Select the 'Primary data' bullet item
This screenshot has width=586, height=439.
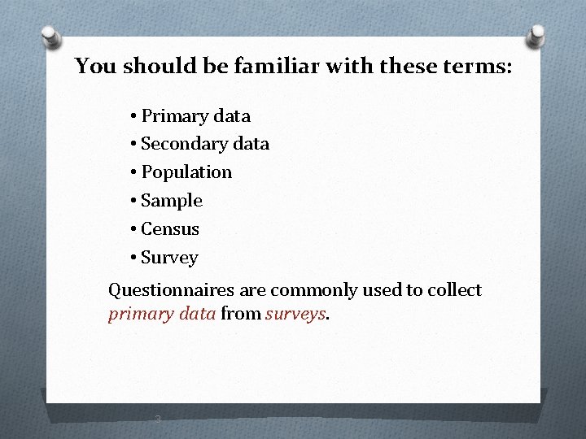point(195,115)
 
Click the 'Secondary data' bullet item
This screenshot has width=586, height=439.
point(204,144)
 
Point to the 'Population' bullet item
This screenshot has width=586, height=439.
point(186,172)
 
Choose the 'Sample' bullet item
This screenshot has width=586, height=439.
point(171,201)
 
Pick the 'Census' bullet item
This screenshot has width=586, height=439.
point(169,229)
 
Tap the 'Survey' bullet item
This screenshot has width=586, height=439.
point(169,258)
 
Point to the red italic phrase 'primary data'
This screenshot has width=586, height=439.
point(162,314)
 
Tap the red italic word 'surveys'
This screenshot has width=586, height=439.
point(295,314)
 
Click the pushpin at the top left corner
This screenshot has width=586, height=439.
point(50,37)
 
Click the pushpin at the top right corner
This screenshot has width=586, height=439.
point(536,35)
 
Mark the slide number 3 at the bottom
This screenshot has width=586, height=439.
point(158,419)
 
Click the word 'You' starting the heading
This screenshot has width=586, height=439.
point(95,66)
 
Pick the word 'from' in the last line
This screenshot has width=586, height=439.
point(241,314)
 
